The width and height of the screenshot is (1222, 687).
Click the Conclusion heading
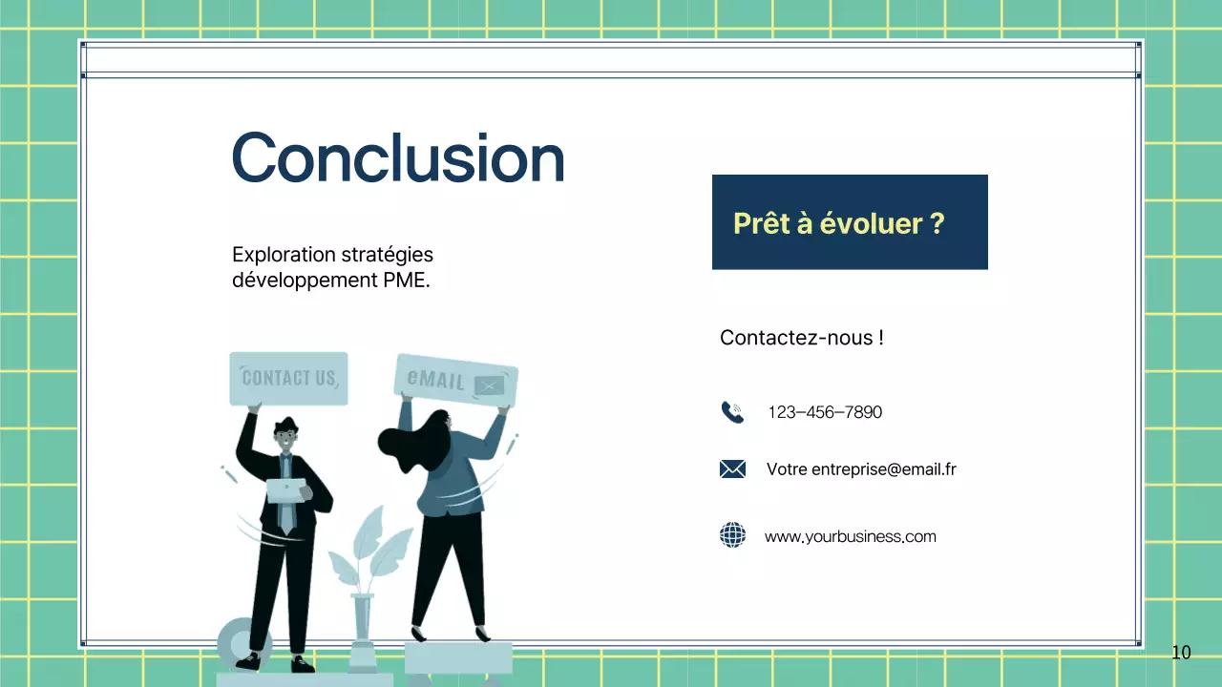pos(397,157)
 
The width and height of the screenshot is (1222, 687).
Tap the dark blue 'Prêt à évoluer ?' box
pos(850,222)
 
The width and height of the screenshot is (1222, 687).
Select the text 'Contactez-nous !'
pos(801,338)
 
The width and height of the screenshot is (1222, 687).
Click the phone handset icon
pos(732,412)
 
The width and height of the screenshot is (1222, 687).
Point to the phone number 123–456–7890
pos(825,412)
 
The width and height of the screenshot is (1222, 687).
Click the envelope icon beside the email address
pos(732,468)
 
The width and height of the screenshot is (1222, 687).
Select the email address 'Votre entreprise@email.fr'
pos(861,469)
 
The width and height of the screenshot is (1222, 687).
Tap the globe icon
pos(732,535)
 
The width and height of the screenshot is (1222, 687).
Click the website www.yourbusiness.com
pos(850,536)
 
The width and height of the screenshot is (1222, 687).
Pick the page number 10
pos(1181,653)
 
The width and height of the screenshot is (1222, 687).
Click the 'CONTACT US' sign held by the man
pos(288,378)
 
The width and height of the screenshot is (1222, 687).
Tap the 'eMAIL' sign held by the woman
pos(456,381)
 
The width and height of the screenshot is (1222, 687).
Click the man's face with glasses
pos(285,439)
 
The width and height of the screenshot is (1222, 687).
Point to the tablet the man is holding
pos(285,490)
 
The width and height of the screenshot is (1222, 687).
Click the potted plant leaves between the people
pos(367,553)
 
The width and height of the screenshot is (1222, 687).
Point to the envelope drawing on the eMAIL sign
pos(490,385)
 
